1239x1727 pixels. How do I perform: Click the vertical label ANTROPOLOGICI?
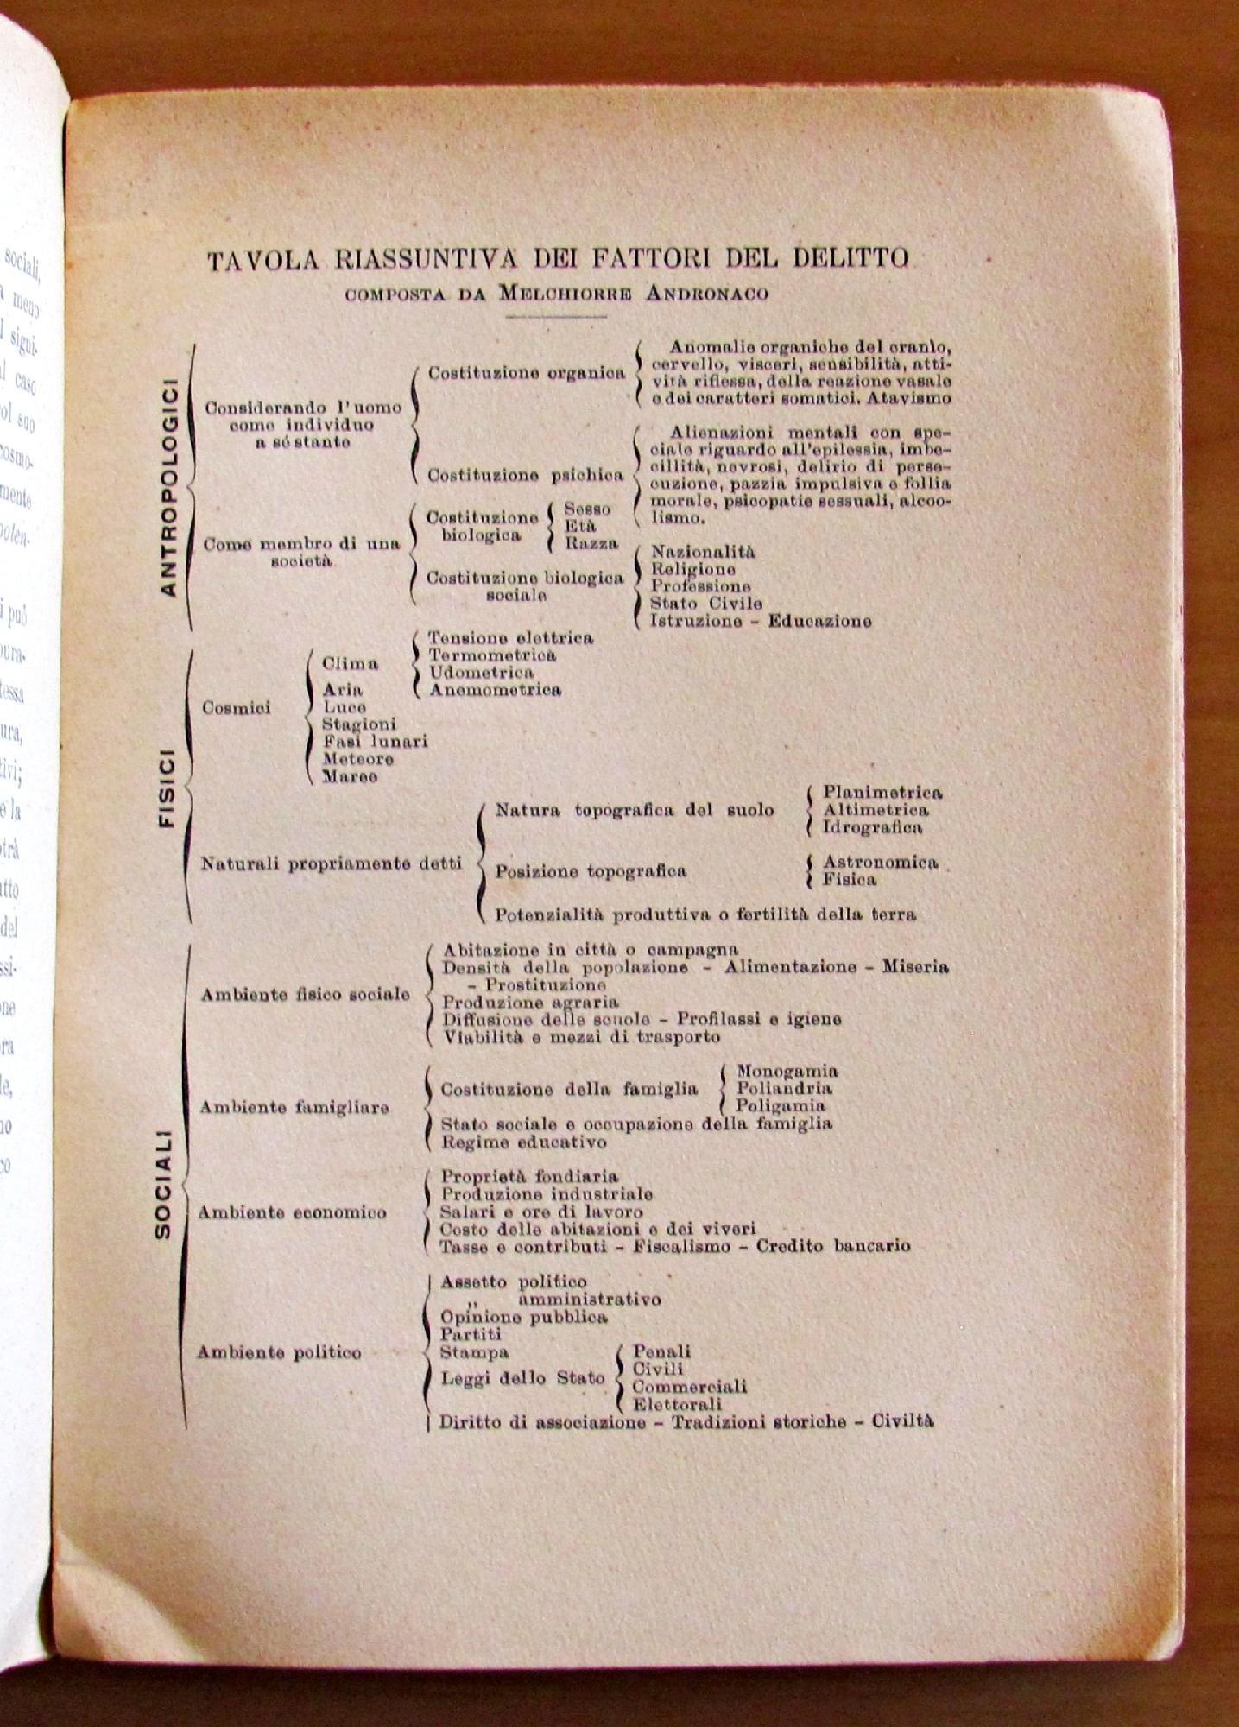[x=168, y=487]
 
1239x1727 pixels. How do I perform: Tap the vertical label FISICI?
[x=167, y=787]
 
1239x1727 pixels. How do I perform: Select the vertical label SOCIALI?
[x=162, y=1185]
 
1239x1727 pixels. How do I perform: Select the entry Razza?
[x=591, y=544]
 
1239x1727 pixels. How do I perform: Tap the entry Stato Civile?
[x=705, y=604]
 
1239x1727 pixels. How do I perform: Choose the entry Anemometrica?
[x=496, y=690]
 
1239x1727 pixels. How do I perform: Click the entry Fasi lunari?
[x=375, y=742]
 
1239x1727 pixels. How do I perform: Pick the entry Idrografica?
[x=872, y=827]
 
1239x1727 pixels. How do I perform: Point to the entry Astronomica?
[x=880, y=863]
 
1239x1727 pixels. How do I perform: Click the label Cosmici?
[x=236, y=708]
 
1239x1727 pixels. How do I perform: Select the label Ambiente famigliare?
[x=294, y=1107]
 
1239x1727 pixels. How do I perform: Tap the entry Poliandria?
[x=784, y=1089]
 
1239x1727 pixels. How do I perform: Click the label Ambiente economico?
[x=292, y=1212]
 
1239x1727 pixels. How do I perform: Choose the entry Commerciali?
[x=690, y=1387]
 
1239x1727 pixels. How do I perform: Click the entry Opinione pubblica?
[x=524, y=1318]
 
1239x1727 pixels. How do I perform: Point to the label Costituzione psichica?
[x=525, y=475]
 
